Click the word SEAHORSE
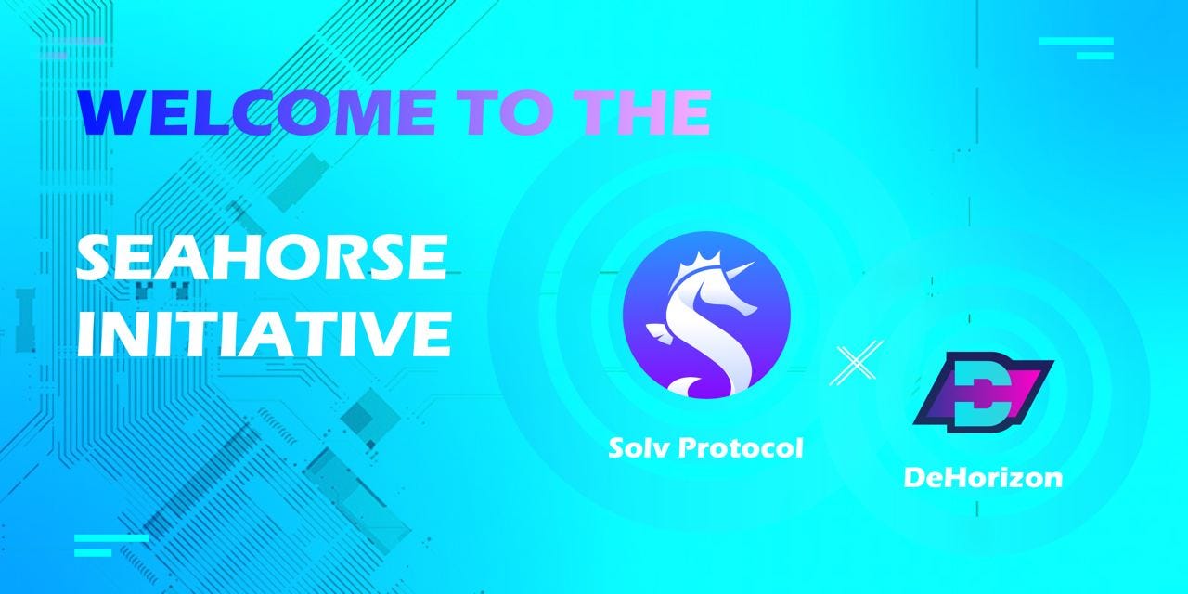[x=261, y=257]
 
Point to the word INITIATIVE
[x=265, y=333]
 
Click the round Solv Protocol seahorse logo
[x=706, y=315]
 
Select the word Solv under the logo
[x=639, y=448]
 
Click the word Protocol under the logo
[x=742, y=448]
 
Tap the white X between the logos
[x=856, y=363]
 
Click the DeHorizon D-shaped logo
[x=984, y=393]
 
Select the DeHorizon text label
[x=983, y=477]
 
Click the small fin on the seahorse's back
[x=659, y=332]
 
